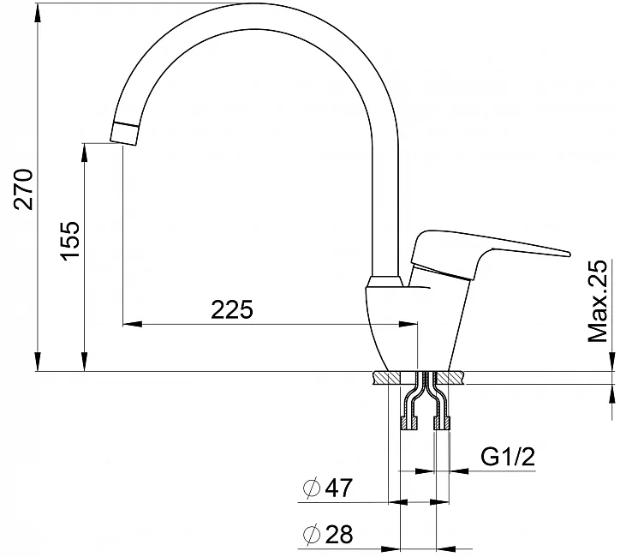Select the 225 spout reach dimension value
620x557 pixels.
232,309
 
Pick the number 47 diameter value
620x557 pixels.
340,488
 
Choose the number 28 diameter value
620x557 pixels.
340,535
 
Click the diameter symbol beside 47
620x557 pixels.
312,488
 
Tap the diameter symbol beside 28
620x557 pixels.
312,535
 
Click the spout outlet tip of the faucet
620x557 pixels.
124,133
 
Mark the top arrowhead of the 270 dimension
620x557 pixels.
38,10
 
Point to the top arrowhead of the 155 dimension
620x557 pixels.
85,151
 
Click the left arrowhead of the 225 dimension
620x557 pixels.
131,325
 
